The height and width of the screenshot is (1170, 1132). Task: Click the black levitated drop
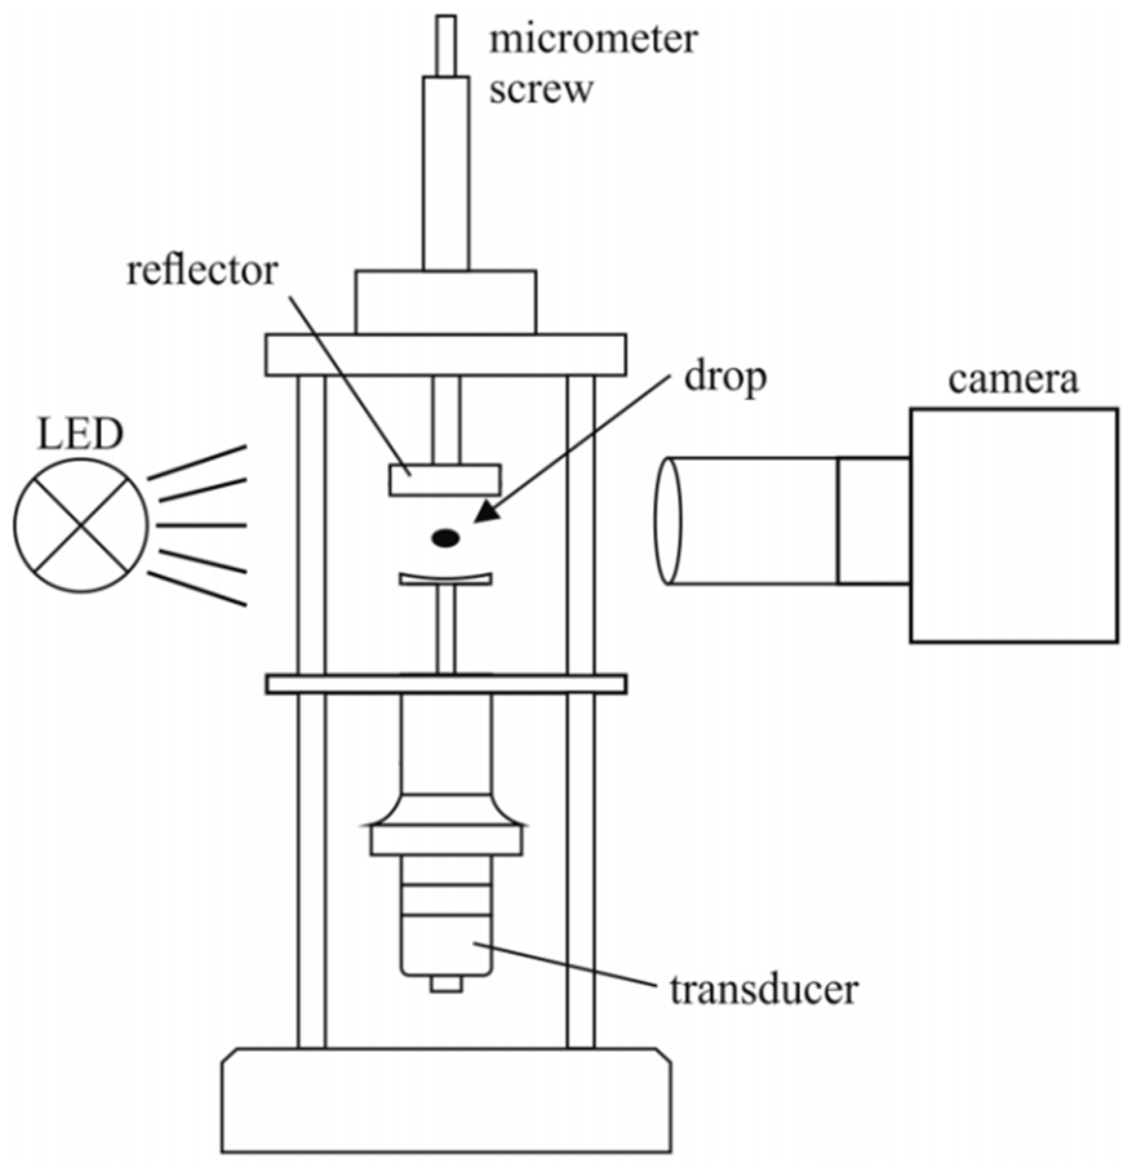tap(445, 538)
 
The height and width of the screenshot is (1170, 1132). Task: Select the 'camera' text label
tap(1013, 379)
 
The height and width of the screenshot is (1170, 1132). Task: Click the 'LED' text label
tap(80, 434)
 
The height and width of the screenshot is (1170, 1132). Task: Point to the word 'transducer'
tap(764, 989)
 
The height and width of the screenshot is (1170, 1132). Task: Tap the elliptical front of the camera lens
tap(668, 521)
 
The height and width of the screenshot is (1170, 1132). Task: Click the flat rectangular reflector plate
tap(445, 480)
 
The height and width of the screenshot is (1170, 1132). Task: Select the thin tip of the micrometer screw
tap(446, 45)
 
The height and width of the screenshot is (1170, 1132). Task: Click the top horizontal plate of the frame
tap(445, 354)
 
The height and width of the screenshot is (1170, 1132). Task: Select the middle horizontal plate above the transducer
tap(445, 683)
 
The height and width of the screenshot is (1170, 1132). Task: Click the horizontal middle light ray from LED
tap(201, 525)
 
